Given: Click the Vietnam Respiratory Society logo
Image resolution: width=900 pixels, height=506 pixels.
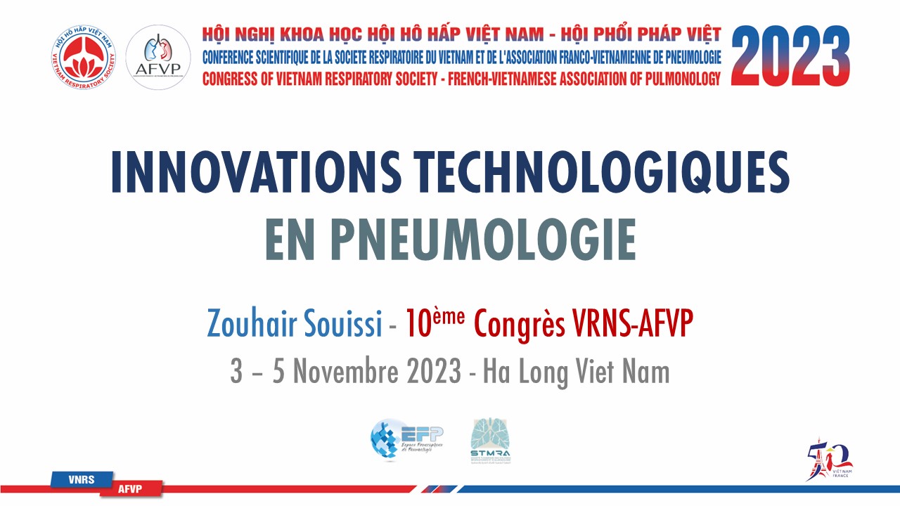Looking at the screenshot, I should coord(83,57).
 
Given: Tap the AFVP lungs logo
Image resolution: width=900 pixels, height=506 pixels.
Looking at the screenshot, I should coord(158,57).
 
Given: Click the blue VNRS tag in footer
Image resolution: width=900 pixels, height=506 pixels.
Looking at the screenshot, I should coord(82,479).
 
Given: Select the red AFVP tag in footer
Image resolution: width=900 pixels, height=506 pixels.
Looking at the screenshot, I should coord(131,488).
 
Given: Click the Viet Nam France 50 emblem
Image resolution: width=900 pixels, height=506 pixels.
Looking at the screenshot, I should coord(830,460).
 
